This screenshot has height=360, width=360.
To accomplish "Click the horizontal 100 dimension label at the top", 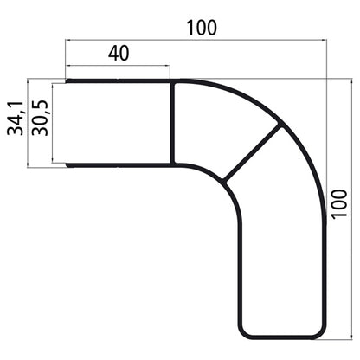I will (201, 27).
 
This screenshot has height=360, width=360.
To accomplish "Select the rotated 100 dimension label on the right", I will (341, 208).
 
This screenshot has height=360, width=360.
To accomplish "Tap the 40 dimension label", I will (119, 53).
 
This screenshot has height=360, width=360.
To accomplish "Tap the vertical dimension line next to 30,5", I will (52, 122).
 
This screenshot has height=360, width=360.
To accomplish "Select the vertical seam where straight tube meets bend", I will (174, 122).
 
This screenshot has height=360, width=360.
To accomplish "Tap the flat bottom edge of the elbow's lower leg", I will (281, 336).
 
